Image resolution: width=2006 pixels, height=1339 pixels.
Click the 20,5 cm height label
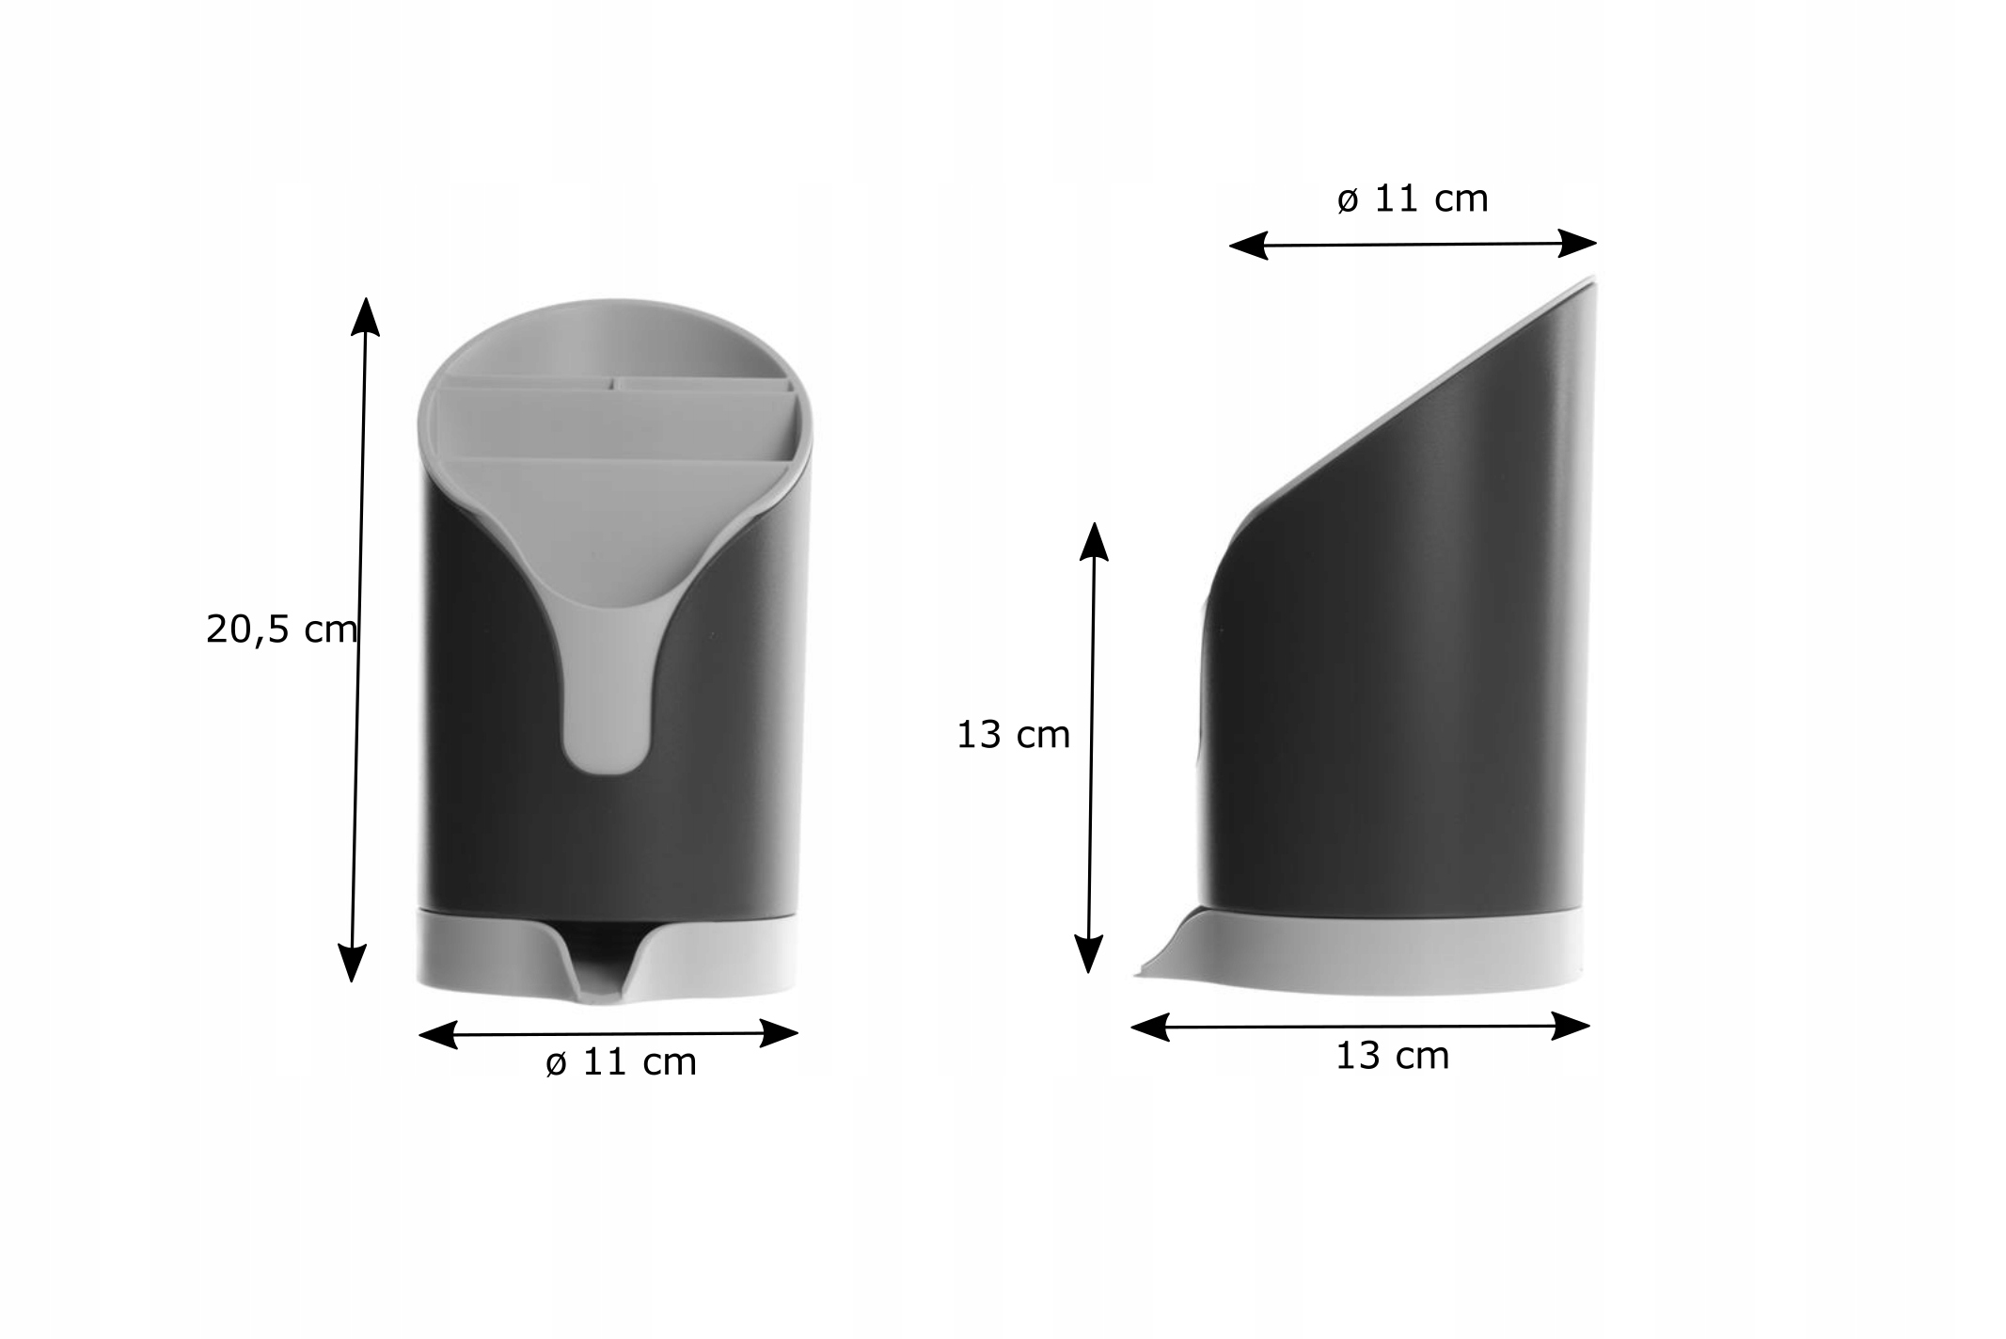click(x=281, y=630)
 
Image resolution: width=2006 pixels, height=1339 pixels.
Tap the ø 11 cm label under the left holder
click(x=622, y=1062)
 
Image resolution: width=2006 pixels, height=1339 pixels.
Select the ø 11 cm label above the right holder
click(x=1413, y=199)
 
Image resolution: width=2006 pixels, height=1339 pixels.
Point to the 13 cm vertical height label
click(x=1013, y=735)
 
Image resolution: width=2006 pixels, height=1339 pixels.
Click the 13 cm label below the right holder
click(x=1392, y=1056)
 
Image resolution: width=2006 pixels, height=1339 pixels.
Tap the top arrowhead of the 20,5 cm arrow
click(x=366, y=316)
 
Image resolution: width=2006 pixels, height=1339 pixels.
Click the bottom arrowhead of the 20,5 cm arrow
click(x=351, y=963)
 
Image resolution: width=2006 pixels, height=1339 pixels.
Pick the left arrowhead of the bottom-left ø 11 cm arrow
click(x=437, y=1036)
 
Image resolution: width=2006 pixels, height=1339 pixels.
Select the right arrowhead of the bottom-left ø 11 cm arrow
click(x=779, y=1033)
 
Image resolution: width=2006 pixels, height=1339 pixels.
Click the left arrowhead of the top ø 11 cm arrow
click(x=1249, y=247)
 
